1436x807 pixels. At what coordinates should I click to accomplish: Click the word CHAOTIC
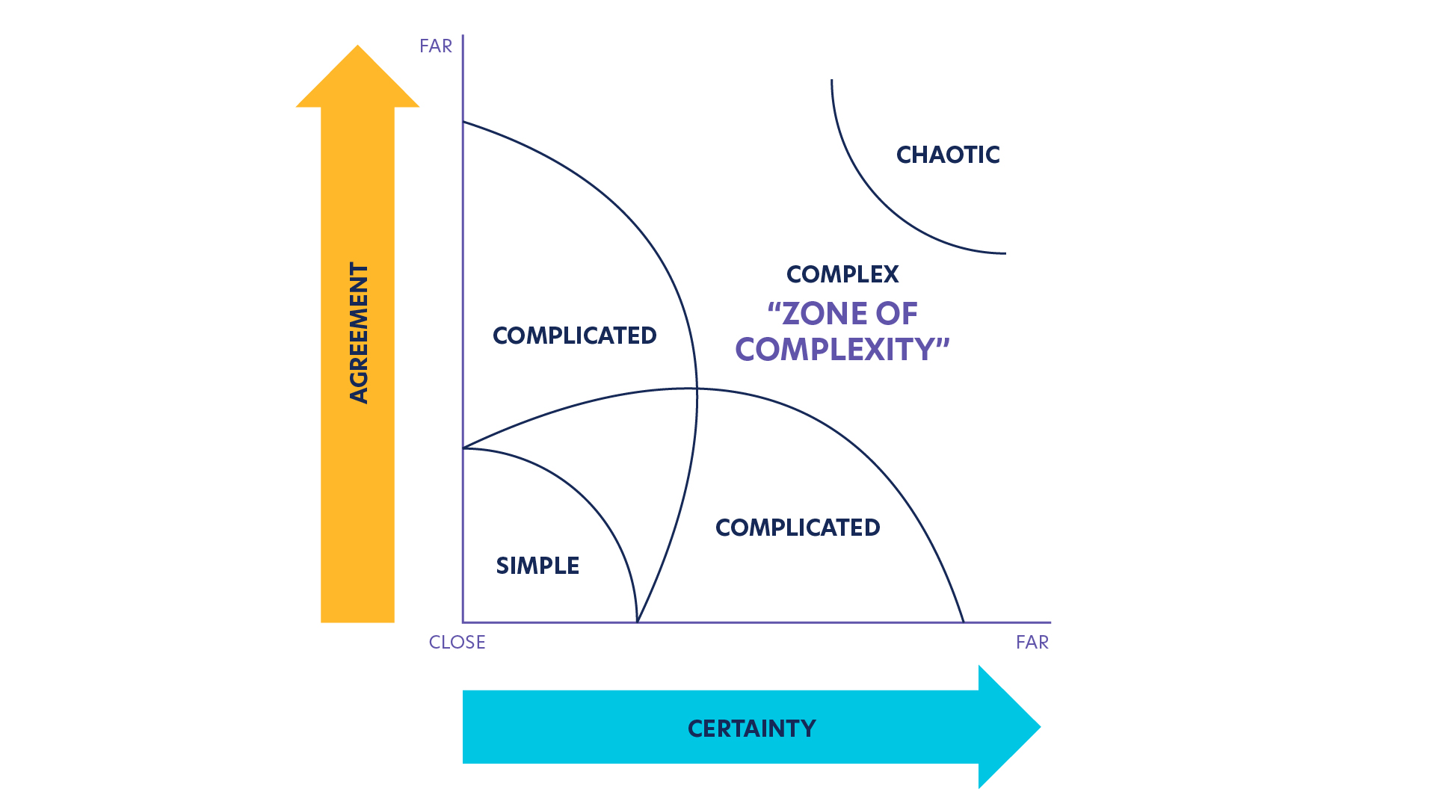[948, 155]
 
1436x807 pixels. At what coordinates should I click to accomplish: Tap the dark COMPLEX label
[842, 274]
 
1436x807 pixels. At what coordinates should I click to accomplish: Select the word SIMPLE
[537, 566]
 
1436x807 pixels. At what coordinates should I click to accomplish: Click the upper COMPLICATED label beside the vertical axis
[574, 336]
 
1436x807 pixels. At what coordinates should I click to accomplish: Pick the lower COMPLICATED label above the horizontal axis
[798, 528]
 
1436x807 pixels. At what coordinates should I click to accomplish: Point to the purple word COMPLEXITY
[836, 350]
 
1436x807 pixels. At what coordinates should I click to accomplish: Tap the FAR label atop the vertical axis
[436, 46]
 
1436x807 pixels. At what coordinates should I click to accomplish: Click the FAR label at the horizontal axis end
[1032, 643]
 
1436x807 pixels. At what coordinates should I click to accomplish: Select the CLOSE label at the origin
[457, 643]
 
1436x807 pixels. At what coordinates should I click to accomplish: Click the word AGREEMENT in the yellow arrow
[359, 333]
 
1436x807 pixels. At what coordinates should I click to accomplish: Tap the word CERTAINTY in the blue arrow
[751, 729]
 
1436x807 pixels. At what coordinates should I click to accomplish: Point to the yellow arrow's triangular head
[357, 79]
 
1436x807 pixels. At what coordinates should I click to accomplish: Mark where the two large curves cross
[697, 389]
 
